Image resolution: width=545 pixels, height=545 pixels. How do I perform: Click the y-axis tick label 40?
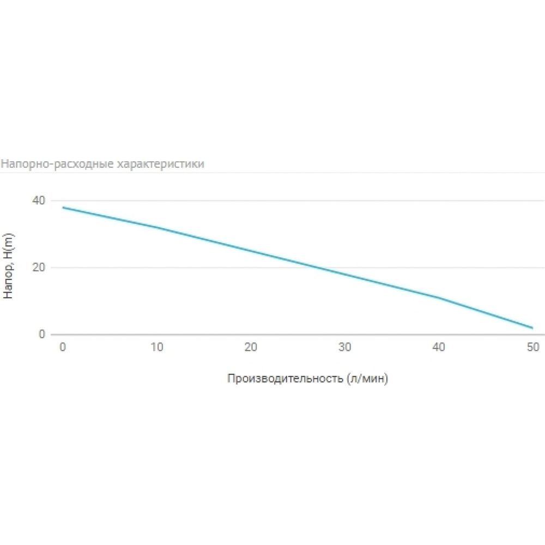39,201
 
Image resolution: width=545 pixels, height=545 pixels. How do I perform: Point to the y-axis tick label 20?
39,267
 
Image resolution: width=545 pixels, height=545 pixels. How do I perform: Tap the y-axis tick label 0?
42,334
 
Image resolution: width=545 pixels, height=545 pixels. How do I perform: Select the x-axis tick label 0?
63,347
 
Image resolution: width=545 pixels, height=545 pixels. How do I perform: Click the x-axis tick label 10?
157,347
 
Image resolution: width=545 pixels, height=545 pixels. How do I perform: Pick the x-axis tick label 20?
251,347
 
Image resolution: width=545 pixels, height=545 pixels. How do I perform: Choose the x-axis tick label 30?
345,347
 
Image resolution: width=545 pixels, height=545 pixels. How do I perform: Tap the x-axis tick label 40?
439,347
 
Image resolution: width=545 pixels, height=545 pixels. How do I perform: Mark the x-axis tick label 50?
533,347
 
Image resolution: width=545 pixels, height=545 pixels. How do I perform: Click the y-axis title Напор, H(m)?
8,266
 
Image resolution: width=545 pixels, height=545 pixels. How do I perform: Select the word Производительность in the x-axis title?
285,378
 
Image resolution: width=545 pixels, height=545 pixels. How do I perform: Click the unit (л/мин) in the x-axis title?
367,378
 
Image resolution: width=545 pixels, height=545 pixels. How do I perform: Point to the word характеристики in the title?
160,163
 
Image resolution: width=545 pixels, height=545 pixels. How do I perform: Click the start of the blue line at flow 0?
63,208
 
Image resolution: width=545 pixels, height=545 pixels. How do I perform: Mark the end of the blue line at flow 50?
532,328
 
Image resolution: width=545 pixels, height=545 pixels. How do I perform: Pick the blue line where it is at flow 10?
157,227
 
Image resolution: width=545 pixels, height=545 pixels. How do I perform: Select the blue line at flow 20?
251,251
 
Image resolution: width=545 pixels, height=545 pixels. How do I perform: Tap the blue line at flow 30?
345,274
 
